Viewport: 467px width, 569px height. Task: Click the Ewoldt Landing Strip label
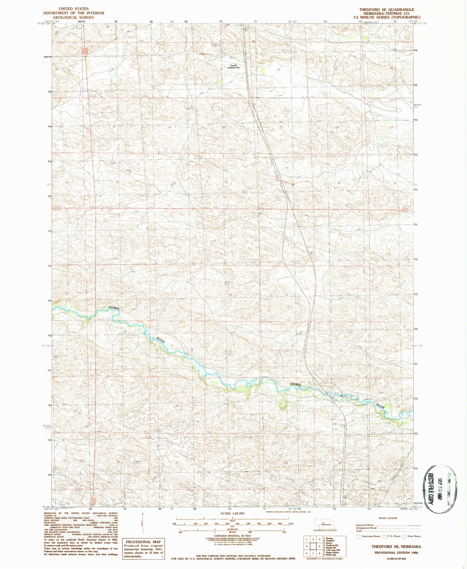tap(233, 66)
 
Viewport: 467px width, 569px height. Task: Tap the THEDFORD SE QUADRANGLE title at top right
tap(387, 10)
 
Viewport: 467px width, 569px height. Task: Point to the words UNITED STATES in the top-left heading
tap(73, 9)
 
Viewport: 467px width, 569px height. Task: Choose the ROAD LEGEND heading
tap(388, 518)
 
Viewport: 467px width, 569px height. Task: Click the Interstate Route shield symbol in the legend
tap(358, 536)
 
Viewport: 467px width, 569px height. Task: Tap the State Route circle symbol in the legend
tap(404, 536)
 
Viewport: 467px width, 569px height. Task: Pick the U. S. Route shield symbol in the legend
tap(384, 536)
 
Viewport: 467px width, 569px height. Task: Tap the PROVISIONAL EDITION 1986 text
tap(396, 553)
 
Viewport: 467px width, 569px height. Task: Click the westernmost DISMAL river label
tap(114, 308)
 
